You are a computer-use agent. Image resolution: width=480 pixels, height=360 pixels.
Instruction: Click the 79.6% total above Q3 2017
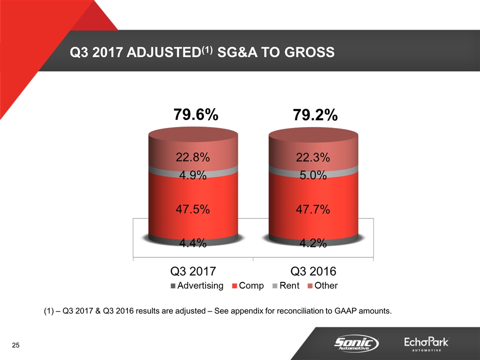pyautogui.click(x=195, y=115)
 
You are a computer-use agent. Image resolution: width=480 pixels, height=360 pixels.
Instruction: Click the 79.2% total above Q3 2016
pyautogui.click(x=315, y=116)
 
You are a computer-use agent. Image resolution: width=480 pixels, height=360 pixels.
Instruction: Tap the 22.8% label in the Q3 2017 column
pyautogui.click(x=192, y=157)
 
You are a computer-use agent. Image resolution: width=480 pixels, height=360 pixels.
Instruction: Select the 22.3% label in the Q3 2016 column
pyautogui.click(x=312, y=157)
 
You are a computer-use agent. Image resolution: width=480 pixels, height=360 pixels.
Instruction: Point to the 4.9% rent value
pyautogui.click(x=192, y=175)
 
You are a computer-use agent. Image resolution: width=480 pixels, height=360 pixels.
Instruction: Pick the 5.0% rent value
pyautogui.click(x=312, y=175)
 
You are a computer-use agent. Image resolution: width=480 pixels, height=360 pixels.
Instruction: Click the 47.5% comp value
pyautogui.click(x=192, y=209)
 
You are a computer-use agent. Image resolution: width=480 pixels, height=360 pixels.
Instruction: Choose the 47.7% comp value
pyautogui.click(x=312, y=209)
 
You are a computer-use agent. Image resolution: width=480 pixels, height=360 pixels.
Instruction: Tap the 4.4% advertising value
pyautogui.click(x=192, y=243)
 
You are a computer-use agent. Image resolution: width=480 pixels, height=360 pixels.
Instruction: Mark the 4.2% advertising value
pyautogui.click(x=312, y=243)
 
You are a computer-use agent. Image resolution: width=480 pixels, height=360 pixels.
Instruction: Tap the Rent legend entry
pyautogui.click(x=285, y=286)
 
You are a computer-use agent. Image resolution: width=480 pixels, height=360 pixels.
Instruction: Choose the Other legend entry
pyautogui.click(x=322, y=286)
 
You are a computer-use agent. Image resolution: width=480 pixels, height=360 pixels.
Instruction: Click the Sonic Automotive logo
pyautogui.click(x=355, y=343)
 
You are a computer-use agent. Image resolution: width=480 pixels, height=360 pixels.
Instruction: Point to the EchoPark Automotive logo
pyautogui.click(x=426, y=344)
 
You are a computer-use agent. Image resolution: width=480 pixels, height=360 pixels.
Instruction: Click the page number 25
pyautogui.click(x=16, y=345)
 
